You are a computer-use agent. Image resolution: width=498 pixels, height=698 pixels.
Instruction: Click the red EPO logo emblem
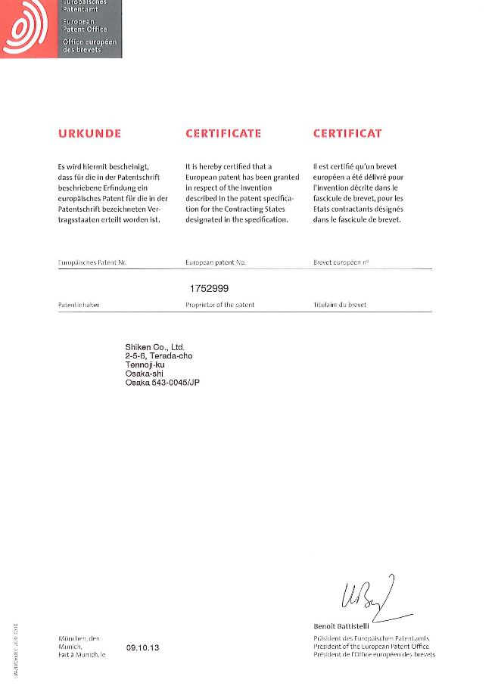(x=27, y=28)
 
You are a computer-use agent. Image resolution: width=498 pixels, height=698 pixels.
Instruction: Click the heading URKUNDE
(x=89, y=134)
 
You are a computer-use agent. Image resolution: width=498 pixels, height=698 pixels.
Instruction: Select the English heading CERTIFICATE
(x=223, y=134)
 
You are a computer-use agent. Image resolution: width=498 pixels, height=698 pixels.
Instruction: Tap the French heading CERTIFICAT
(x=347, y=134)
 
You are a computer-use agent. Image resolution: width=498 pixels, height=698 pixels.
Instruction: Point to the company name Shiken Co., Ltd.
(x=154, y=347)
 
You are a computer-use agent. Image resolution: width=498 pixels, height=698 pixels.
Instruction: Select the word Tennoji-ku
(x=145, y=365)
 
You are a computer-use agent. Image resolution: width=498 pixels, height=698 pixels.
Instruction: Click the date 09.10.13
(x=142, y=648)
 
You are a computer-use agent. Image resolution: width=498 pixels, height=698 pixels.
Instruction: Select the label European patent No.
(x=216, y=262)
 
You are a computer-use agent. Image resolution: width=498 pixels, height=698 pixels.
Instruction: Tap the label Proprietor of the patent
(x=219, y=305)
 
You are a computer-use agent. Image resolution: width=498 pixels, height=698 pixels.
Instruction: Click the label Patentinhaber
(x=79, y=305)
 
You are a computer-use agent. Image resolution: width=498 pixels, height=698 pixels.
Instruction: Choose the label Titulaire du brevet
(x=339, y=305)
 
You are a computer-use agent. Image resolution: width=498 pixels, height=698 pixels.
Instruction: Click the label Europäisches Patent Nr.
(x=92, y=262)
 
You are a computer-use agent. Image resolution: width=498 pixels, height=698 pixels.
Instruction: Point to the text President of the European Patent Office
(x=371, y=647)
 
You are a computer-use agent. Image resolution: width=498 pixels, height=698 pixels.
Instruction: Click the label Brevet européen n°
(x=341, y=262)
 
